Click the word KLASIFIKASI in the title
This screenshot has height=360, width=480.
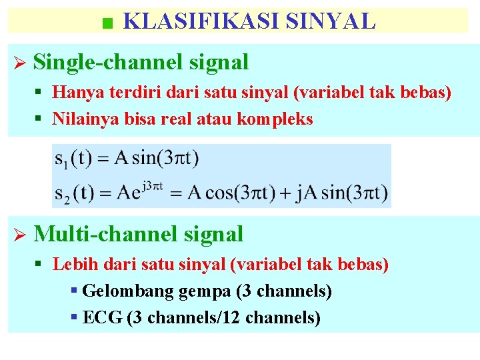(x=201, y=21)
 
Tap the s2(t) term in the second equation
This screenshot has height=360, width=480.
(x=74, y=194)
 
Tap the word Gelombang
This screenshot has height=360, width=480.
(x=123, y=291)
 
